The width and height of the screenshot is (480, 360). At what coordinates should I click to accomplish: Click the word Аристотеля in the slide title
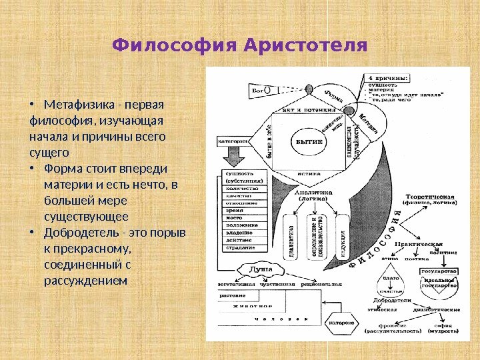pyautogui.click(x=306, y=45)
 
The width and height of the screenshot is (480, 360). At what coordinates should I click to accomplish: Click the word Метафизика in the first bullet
pyautogui.click(x=74, y=107)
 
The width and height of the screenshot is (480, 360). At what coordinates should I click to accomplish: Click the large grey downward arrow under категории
pyautogui.click(x=235, y=159)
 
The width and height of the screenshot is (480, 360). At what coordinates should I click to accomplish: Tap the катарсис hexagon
pyautogui.click(x=340, y=325)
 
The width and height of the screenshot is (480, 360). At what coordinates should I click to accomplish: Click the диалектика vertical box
pyautogui.click(x=291, y=241)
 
